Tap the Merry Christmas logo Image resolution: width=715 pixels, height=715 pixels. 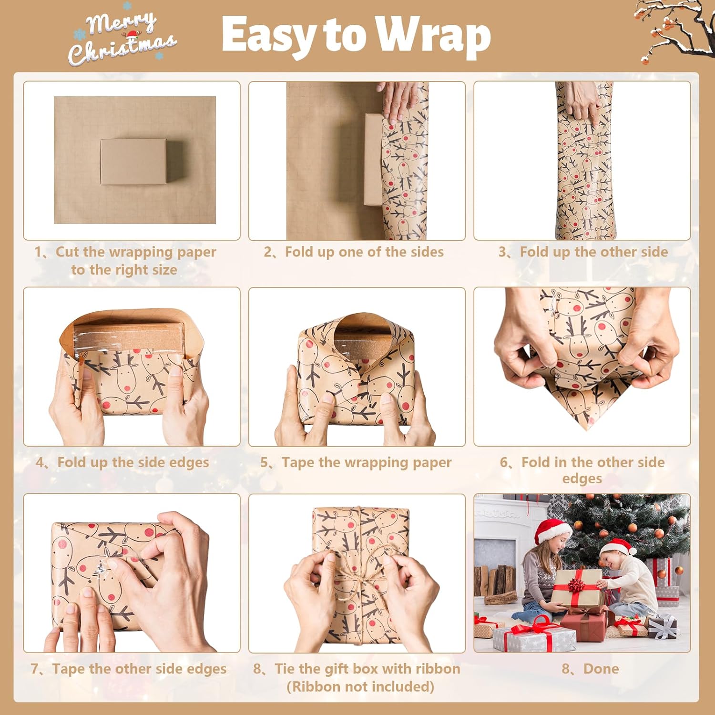(123, 37)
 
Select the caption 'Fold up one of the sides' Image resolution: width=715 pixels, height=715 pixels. (364, 252)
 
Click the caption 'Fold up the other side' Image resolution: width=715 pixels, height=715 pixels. (594, 252)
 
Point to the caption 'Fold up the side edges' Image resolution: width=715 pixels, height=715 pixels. (133, 462)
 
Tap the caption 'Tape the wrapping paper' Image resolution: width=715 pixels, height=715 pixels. (366, 462)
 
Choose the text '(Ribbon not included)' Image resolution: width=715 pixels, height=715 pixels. (360, 686)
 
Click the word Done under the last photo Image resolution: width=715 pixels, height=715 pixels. (601, 668)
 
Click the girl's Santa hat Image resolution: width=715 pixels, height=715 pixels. (552, 531)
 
